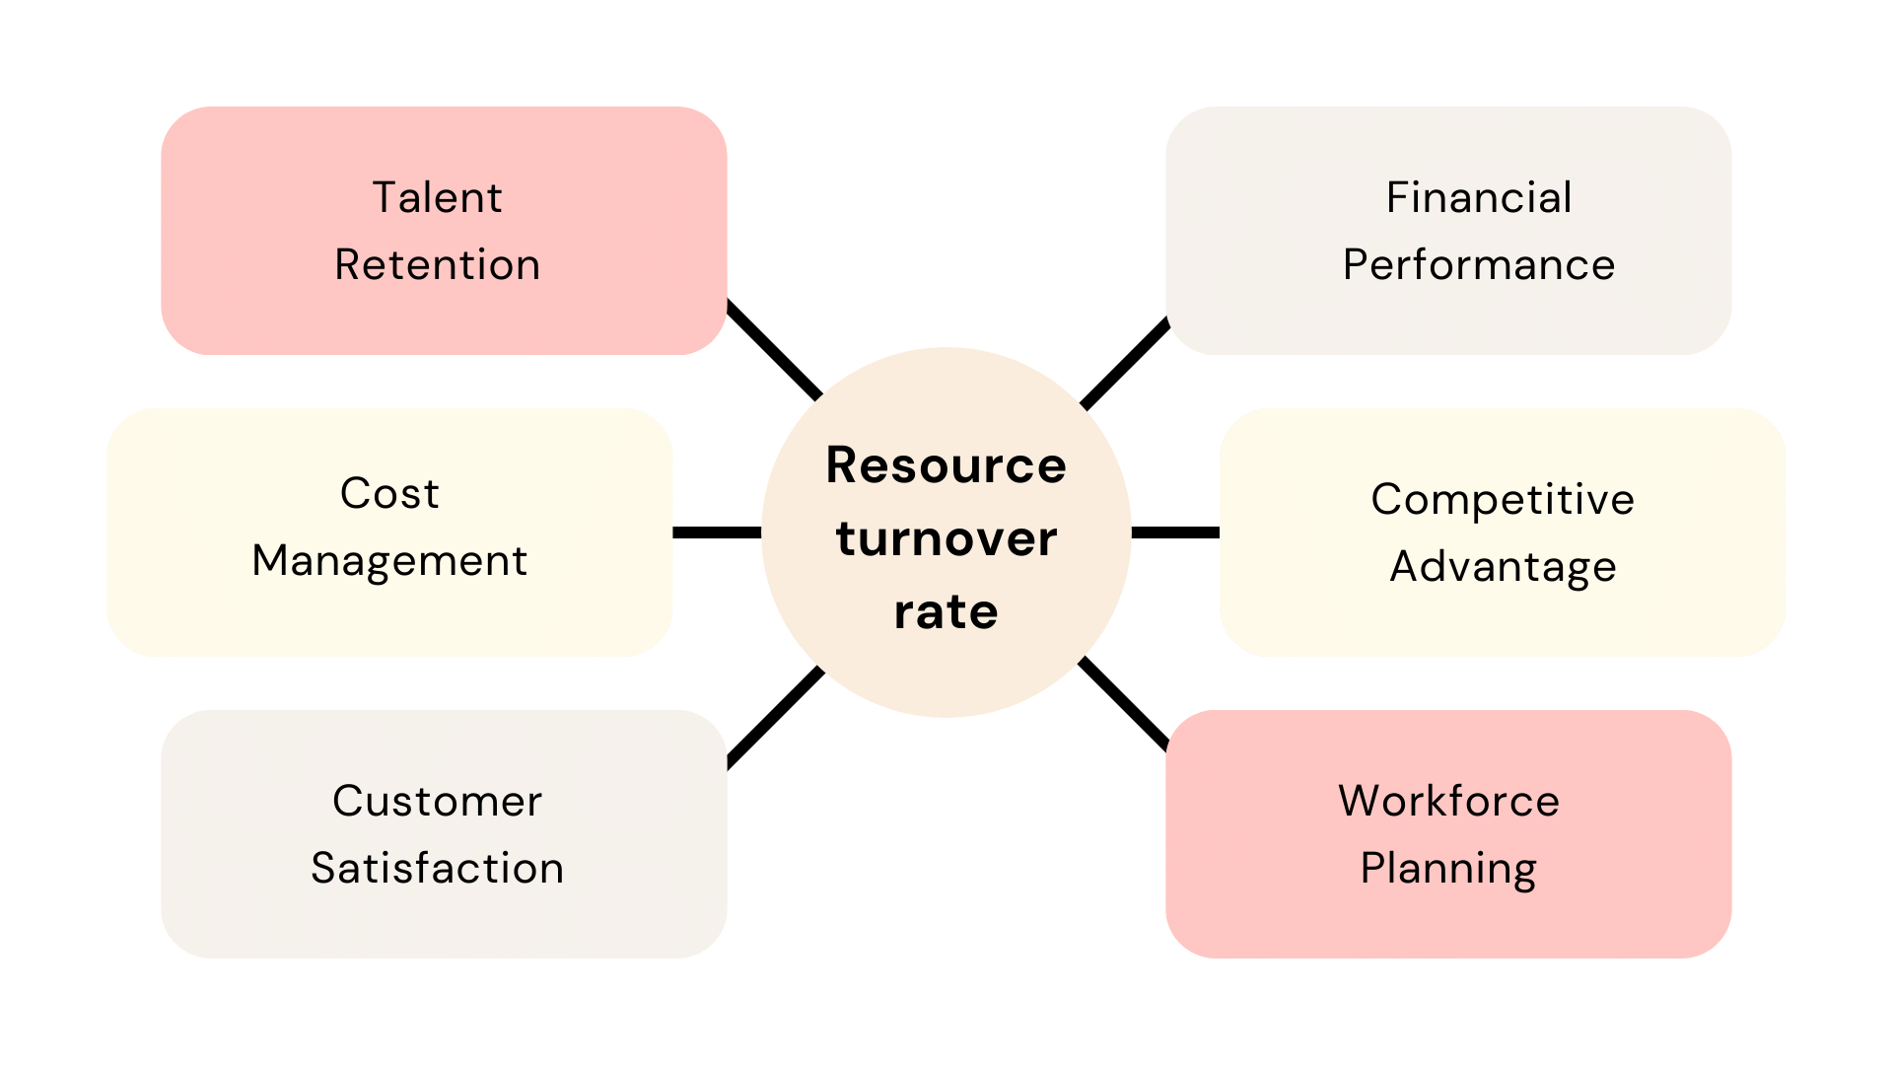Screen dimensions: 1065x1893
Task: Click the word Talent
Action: click(x=437, y=198)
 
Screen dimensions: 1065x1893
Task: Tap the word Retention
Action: click(x=437, y=265)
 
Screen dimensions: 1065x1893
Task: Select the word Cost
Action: click(x=389, y=494)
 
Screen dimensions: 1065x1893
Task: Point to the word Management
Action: click(x=389, y=562)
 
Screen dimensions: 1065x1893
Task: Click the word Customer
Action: click(x=437, y=802)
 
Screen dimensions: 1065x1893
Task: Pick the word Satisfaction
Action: click(x=437, y=869)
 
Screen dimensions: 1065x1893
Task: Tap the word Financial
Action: click(x=1478, y=198)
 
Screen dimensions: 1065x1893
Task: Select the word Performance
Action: click(x=1478, y=265)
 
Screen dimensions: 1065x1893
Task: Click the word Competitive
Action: click(x=1502, y=500)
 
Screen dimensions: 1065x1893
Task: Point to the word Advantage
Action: click(x=1502, y=568)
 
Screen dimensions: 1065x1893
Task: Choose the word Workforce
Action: click(x=1448, y=802)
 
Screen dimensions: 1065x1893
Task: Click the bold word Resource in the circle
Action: click(x=946, y=465)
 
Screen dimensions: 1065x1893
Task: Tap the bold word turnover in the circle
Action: click(x=946, y=539)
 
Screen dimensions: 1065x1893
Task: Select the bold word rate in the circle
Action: click(x=946, y=612)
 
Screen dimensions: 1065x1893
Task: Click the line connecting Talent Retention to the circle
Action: click(x=774, y=350)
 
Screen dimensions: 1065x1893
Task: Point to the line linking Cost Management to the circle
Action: click(x=717, y=532)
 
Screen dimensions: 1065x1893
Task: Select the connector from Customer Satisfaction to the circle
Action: click(x=775, y=717)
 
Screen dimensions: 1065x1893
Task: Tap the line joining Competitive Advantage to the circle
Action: click(x=1175, y=532)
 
